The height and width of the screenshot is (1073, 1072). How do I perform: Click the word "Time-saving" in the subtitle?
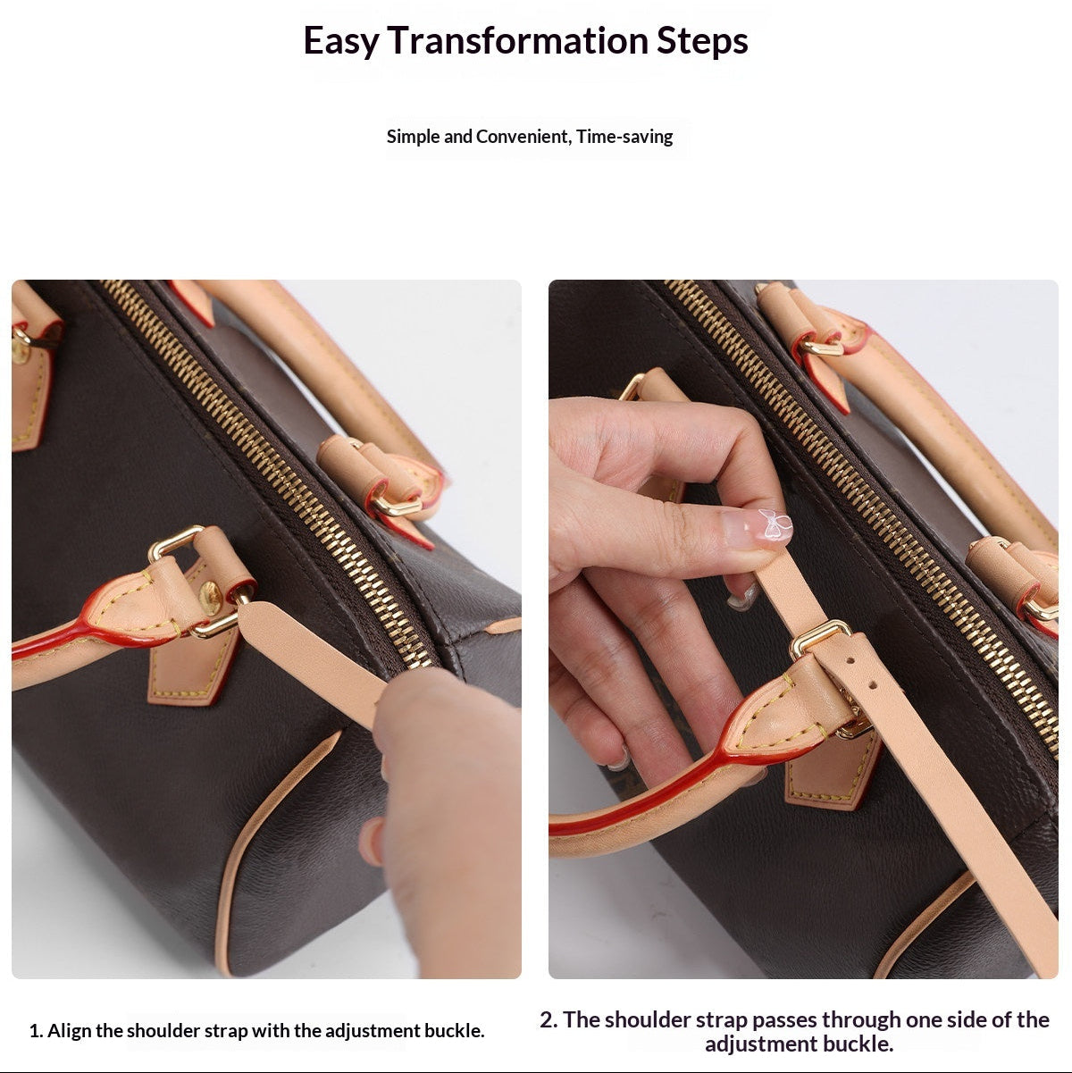point(624,137)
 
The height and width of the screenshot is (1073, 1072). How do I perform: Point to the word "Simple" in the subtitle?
point(413,137)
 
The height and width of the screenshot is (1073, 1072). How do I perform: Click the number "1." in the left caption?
point(37,1031)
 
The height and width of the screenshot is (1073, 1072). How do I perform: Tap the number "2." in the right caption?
point(549,1020)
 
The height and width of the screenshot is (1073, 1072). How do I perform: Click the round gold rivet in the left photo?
point(210,598)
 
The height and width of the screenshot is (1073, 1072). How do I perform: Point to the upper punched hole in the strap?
point(850,661)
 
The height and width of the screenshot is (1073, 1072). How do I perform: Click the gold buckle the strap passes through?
point(820,637)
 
